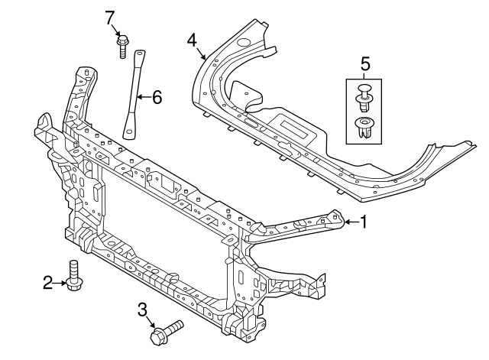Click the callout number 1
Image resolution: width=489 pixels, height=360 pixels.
pyautogui.click(x=364, y=222)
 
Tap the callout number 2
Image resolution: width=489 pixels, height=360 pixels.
pyautogui.click(x=47, y=284)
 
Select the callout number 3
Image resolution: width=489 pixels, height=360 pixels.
pyautogui.click(x=142, y=309)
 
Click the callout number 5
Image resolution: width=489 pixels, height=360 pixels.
pyautogui.click(x=365, y=64)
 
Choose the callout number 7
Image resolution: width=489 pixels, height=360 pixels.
pyautogui.click(x=110, y=16)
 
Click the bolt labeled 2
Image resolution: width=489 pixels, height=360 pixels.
pyautogui.click(x=74, y=277)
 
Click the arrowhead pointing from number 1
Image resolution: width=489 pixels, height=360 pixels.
pyautogui.click(x=345, y=222)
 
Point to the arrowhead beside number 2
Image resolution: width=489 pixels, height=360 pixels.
pyautogui.click(x=64, y=284)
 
